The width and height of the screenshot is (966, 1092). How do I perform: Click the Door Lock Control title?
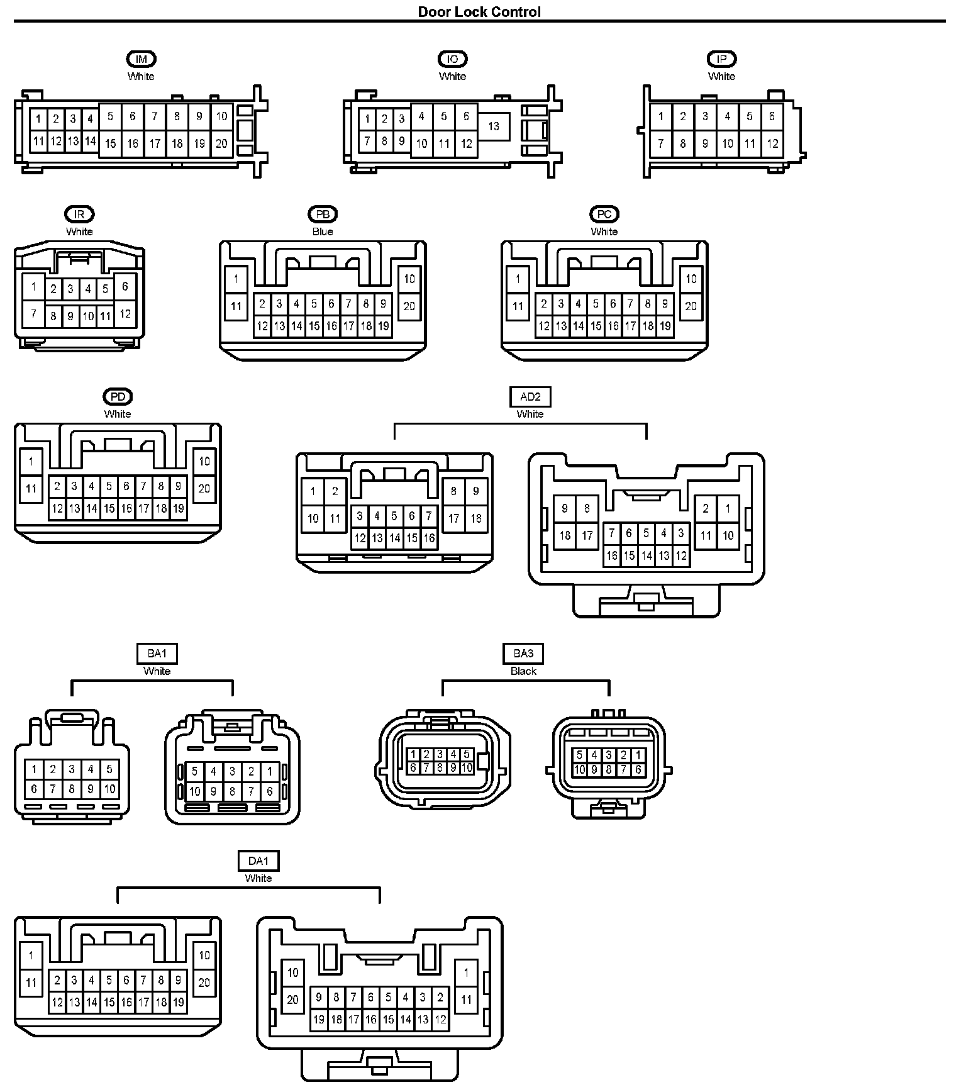click(x=479, y=11)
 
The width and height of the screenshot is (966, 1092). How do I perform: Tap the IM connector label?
click(x=141, y=59)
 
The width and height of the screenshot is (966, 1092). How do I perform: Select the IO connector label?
click(x=452, y=59)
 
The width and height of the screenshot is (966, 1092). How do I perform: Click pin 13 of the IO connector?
click(x=494, y=126)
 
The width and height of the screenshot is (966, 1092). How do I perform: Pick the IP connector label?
click(x=721, y=59)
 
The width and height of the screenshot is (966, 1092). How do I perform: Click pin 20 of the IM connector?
click(x=221, y=143)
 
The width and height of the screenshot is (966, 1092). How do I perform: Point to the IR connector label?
click(x=79, y=214)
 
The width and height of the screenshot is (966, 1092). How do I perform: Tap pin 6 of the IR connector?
click(x=125, y=287)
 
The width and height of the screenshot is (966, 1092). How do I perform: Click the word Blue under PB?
click(x=323, y=231)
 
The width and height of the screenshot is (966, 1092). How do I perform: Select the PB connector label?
click(x=323, y=214)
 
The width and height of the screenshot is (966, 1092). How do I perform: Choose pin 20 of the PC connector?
click(x=691, y=306)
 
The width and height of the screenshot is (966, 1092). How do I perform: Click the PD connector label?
click(x=118, y=397)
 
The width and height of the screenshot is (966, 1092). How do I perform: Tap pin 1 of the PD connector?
click(x=31, y=461)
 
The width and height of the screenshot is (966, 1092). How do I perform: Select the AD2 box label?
click(x=530, y=397)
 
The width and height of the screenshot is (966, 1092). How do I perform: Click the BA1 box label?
click(x=157, y=654)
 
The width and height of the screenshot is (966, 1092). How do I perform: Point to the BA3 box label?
click(x=523, y=654)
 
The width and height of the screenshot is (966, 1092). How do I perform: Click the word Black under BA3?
click(x=523, y=671)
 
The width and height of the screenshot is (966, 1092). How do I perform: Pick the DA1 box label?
click(x=258, y=861)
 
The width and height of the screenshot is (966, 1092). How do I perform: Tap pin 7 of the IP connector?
click(x=660, y=143)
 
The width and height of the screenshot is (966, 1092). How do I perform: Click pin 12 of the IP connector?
click(x=772, y=143)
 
